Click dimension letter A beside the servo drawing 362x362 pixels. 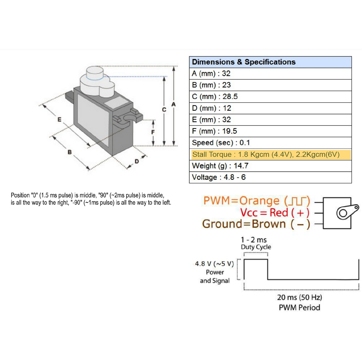174,104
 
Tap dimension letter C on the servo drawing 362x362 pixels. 164,110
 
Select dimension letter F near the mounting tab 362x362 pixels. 153,132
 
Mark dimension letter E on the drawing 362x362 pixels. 59,120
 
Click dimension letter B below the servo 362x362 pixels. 70,152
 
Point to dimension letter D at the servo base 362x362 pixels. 137,161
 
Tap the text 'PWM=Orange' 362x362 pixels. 241,201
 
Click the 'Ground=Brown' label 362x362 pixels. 244,224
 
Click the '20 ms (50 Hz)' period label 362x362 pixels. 299,297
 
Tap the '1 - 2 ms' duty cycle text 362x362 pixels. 254,240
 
